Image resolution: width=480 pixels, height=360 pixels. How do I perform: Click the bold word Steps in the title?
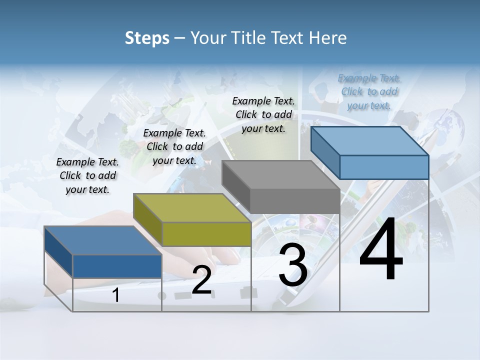(147, 38)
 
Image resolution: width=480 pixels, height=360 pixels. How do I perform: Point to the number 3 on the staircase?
(293, 265)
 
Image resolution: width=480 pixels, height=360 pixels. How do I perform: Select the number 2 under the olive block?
(201, 280)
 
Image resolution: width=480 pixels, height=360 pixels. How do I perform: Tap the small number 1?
(116, 295)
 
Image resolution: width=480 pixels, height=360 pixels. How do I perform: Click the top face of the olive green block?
(192, 207)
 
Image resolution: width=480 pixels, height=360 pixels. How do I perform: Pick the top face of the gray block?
(280, 175)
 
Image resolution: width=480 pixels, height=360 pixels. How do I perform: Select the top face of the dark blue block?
(103, 240)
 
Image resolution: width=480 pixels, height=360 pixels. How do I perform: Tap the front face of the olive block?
(206, 234)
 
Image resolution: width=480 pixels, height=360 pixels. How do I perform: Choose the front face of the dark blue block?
(117, 266)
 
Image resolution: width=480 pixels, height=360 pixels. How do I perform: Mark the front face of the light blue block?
(384, 167)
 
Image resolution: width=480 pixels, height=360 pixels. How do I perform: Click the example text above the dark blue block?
(87, 175)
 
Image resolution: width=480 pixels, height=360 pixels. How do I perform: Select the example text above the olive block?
(174, 146)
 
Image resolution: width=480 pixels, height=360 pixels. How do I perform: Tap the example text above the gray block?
(263, 114)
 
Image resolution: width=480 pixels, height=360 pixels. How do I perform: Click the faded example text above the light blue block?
(369, 91)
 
